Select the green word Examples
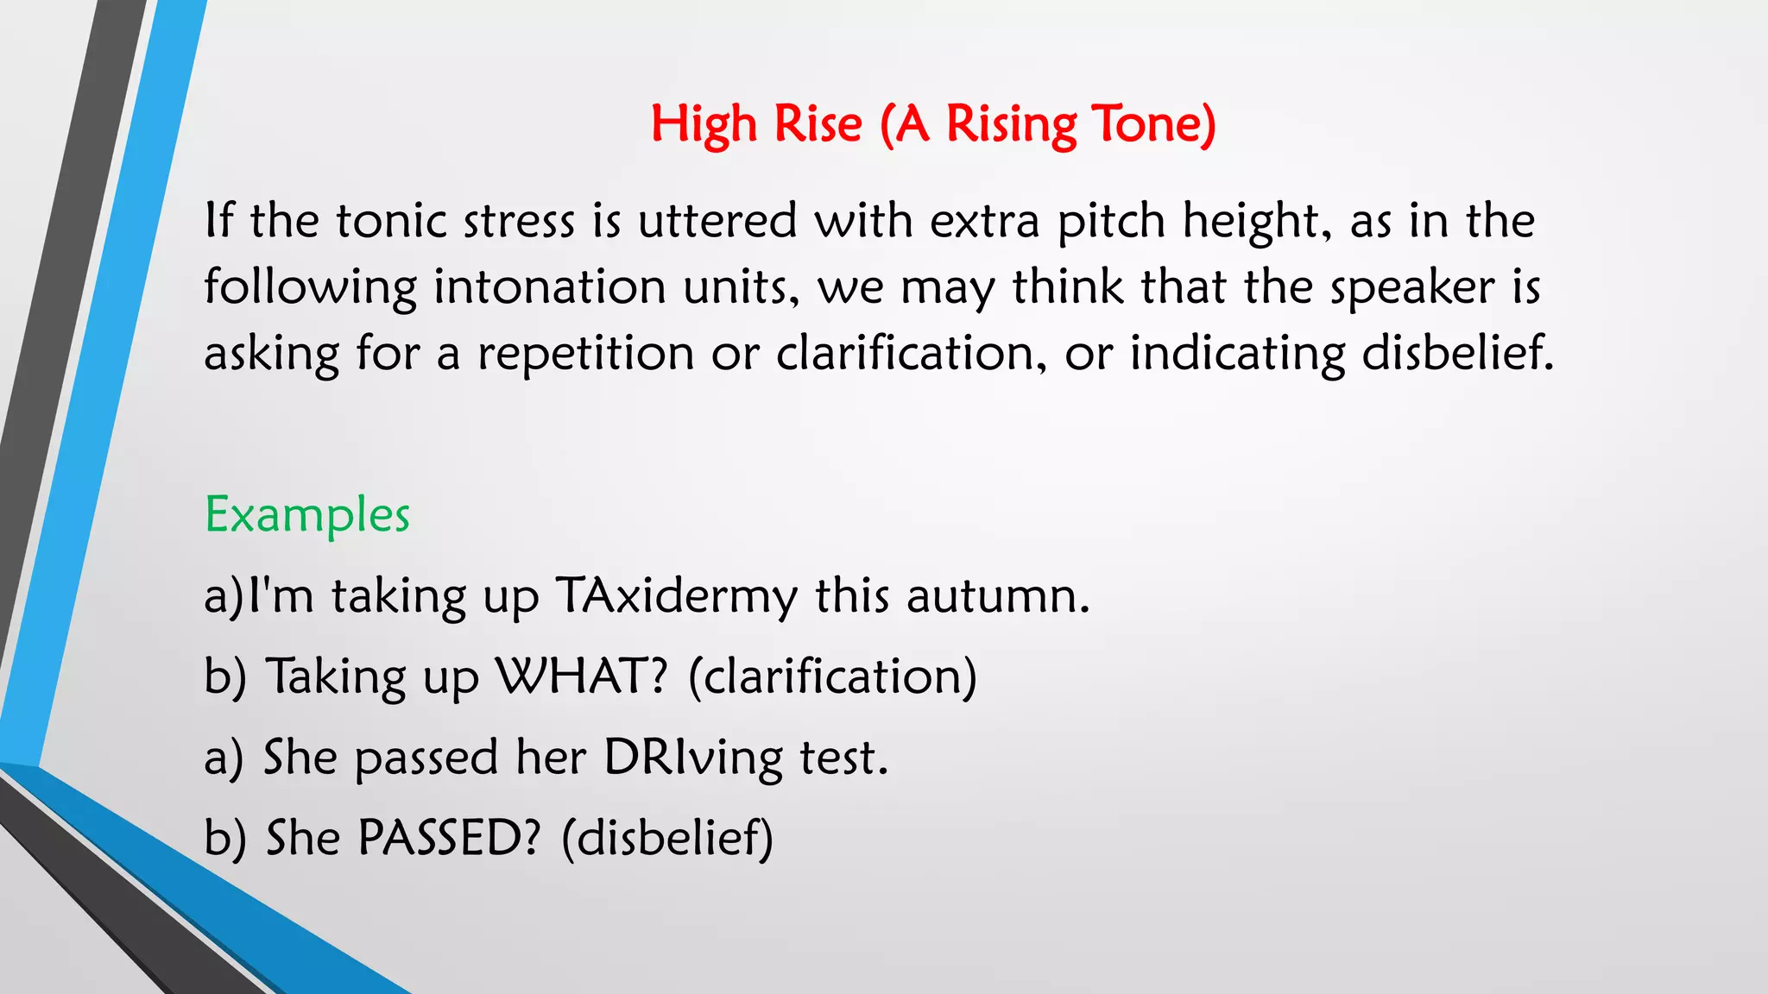point(306,516)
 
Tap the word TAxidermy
point(676,597)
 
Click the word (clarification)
point(832,676)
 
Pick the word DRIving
point(692,758)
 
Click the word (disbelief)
point(666,838)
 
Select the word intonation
point(549,287)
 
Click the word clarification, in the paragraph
point(912,354)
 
